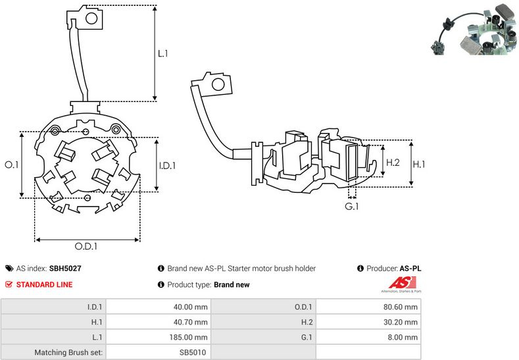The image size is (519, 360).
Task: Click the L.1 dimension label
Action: coord(163,53)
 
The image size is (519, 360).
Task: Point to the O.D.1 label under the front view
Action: coord(86,247)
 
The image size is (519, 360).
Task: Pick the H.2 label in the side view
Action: coord(393,163)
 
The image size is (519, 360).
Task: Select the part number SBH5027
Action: coord(65,269)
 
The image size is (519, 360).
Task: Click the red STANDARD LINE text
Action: coord(45,285)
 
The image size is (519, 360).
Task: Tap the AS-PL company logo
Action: coord(401,284)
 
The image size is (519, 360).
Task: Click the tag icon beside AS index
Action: coord(9,269)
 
